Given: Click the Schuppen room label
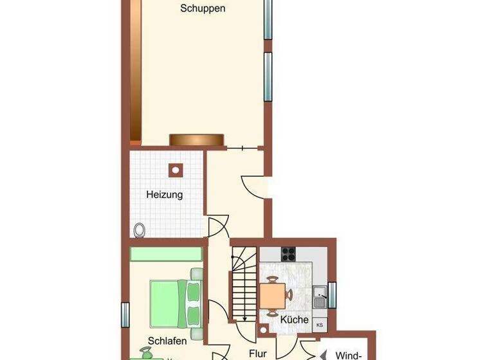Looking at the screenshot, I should pyautogui.click(x=203, y=9).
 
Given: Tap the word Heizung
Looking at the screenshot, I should pyautogui.click(x=165, y=195).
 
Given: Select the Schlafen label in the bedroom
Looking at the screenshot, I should pyautogui.click(x=167, y=341).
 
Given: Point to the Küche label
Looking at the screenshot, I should pyautogui.click(x=295, y=319).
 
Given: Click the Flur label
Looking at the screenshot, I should pyautogui.click(x=257, y=353).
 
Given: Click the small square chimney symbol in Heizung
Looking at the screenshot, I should pyautogui.click(x=175, y=170).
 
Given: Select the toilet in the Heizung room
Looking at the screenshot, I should pyautogui.click(x=139, y=230).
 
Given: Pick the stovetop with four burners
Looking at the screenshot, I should pyautogui.click(x=288, y=254).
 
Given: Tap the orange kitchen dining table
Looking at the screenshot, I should pyautogui.click(x=273, y=296).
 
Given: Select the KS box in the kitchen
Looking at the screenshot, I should pyautogui.click(x=320, y=325).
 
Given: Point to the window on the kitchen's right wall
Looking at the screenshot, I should pyautogui.click(x=332, y=295).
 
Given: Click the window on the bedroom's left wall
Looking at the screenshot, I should pyautogui.click(x=125, y=314).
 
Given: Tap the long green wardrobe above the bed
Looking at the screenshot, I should pyautogui.click(x=167, y=254).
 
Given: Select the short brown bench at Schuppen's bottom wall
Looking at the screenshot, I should pyautogui.click(x=196, y=139).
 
